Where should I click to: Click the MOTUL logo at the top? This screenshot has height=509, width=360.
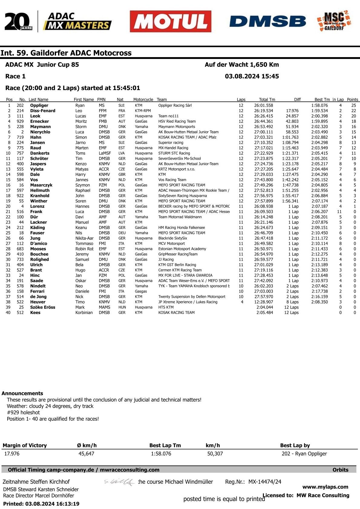point(170,21)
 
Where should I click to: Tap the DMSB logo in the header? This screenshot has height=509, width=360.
point(267,21)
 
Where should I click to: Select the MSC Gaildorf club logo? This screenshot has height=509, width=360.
point(334,21)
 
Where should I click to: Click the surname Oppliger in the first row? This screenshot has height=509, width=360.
point(39,105)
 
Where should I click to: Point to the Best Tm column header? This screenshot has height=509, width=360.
point(322,99)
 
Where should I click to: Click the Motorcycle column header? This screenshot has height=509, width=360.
point(143,99)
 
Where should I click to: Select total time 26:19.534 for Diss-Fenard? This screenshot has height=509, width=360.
point(263,111)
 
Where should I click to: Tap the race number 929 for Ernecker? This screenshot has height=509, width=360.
point(20,122)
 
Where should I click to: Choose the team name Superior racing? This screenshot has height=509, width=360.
point(171,143)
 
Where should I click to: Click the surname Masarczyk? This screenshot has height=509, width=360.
point(41,185)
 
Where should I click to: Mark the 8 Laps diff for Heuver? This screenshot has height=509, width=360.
point(292,302)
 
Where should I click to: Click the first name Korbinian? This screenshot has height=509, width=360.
point(84,313)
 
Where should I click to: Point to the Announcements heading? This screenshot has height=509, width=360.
point(22,393)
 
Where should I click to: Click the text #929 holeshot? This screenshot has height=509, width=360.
point(23,413)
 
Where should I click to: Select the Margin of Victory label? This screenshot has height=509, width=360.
point(25,445)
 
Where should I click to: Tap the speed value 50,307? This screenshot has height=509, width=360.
point(215,454)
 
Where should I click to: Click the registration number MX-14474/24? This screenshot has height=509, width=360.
point(265,482)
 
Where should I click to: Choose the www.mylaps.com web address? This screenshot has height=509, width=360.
point(325,487)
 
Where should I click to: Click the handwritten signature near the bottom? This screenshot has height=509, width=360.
point(119,482)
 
